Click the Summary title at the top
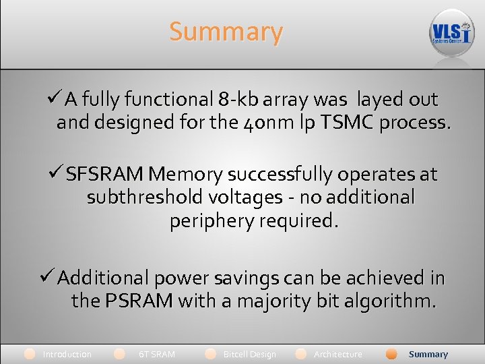click(x=226, y=32)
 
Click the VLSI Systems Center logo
click(x=451, y=32)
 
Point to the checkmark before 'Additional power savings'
click(x=47, y=277)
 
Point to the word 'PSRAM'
click(x=139, y=301)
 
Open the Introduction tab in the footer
click(x=67, y=355)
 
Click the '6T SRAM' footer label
click(x=156, y=355)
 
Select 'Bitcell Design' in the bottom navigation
click(x=249, y=355)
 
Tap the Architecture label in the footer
click(x=337, y=355)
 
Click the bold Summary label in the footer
click(x=428, y=355)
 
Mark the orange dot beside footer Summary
click(x=391, y=354)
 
